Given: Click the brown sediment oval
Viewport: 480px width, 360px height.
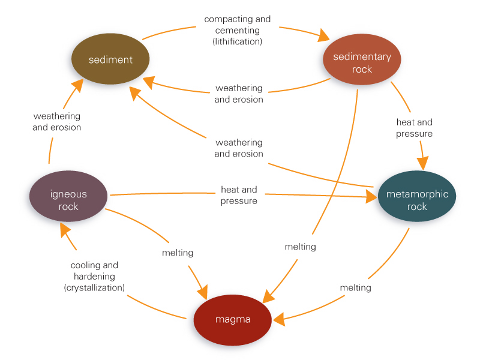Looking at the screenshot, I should pos(110,60).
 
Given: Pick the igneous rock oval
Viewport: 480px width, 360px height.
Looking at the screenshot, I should pos(68,200).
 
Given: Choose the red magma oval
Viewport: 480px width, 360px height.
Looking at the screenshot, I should pos(232,320).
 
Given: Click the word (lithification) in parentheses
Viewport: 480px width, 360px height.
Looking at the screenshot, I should pos(238,41).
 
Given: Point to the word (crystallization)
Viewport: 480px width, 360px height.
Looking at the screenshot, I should pos(94,288).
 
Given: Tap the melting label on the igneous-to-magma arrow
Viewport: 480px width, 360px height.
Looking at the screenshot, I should pos(178,253).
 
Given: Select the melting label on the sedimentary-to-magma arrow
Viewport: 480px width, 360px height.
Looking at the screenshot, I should pos(300,247).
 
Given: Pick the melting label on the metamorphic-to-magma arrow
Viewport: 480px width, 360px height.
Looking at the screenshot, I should pos(355,287).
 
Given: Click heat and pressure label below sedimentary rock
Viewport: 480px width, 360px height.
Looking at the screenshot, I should pos(414,128).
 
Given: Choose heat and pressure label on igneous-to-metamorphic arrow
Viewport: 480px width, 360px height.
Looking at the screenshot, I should pos(239,195).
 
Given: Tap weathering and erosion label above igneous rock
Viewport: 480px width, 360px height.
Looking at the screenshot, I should pos(57,121).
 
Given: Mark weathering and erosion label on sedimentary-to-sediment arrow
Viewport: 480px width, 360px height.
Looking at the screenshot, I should pos(239,94).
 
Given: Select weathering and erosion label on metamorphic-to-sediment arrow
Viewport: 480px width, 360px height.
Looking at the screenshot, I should pos(239,148).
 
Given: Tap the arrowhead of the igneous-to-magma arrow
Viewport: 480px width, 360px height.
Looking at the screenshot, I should pos(200,291).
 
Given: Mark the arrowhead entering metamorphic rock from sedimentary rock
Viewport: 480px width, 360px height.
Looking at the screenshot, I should pos(423,162).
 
